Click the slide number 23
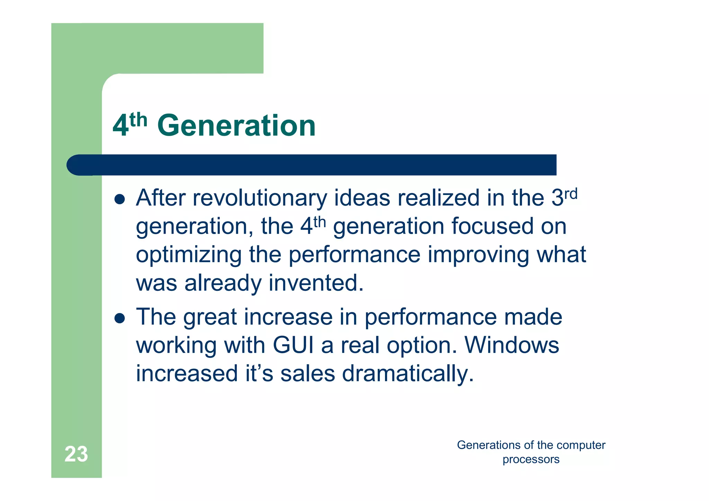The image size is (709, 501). click(76, 454)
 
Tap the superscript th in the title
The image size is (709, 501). click(138, 120)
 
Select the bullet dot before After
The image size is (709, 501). click(119, 199)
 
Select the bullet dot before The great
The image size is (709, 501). click(119, 318)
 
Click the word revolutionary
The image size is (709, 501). click(260, 198)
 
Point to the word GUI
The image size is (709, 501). click(293, 345)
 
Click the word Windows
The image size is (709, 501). click(511, 345)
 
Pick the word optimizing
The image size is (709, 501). click(189, 255)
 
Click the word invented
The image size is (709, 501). click(316, 283)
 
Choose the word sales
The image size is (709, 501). click(307, 374)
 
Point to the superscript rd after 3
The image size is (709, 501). click(571, 194)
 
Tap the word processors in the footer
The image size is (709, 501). click(531, 459)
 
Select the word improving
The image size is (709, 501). click(478, 255)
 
